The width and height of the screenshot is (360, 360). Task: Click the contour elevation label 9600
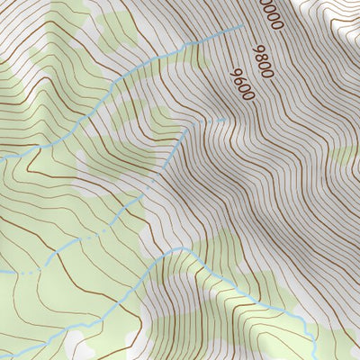click(x=245, y=84)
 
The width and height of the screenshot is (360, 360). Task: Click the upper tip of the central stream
click(x=225, y=118)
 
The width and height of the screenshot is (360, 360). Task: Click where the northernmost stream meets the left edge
click(x=2, y=159)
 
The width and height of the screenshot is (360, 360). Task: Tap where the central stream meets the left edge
click(x=2, y=273)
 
